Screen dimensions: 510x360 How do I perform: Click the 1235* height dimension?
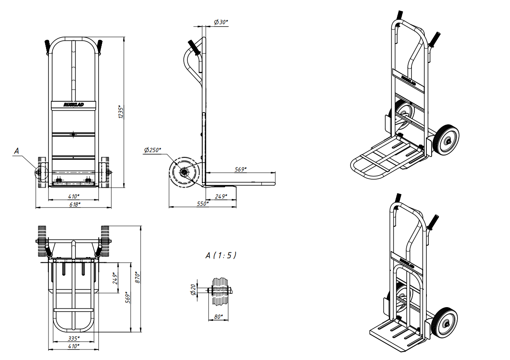pyautogui.click(x=121, y=112)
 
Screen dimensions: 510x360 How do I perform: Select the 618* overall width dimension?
pyautogui.click(x=75, y=204)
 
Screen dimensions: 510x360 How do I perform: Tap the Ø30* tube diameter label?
pyautogui.click(x=221, y=22)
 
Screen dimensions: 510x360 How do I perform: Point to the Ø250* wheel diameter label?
pyautogui.click(x=152, y=150)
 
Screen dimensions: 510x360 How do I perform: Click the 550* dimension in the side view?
pyautogui.click(x=203, y=203)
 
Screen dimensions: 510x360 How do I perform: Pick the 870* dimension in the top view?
pyautogui.click(x=137, y=277)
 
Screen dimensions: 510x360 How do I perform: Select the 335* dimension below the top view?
pyautogui.click(x=74, y=338)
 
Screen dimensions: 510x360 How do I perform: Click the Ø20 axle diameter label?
pyautogui.click(x=193, y=289)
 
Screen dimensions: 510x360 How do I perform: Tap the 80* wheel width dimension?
pyautogui.click(x=218, y=316)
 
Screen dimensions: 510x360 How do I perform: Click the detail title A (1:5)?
pyautogui.click(x=221, y=255)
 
